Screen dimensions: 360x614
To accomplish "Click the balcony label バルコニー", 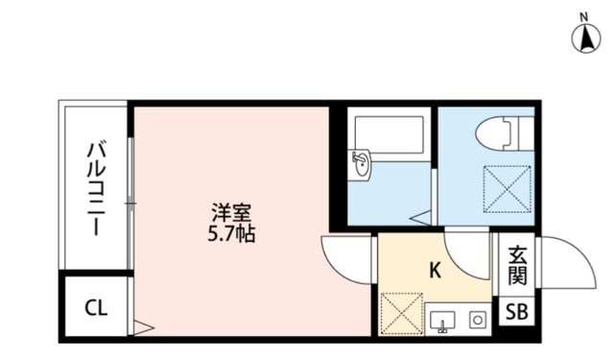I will pyautogui.click(x=97, y=190).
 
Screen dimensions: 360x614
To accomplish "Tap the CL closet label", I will pyautogui.click(x=96, y=308).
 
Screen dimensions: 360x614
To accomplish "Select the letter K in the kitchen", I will pyautogui.click(x=434, y=272).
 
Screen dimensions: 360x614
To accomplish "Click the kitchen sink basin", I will pyautogui.click(x=442, y=319).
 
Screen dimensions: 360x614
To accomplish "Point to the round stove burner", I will pyautogui.click(x=474, y=320).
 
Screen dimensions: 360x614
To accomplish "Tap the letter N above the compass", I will pyautogui.click(x=584, y=16).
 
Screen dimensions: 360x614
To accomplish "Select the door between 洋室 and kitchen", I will pyautogui.click(x=345, y=254).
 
